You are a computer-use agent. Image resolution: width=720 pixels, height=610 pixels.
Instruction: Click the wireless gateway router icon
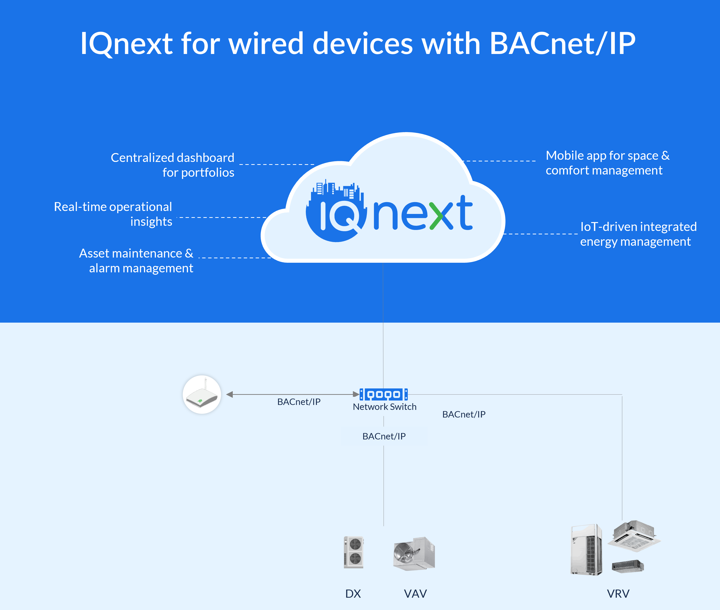pyautogui.click(x=202, y=395)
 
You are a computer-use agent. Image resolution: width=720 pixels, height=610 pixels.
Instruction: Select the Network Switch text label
pyautogui.click(x=384, y=407)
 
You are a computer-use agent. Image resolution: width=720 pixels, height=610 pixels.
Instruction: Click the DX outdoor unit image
pyautogui.click(x=354, y=552)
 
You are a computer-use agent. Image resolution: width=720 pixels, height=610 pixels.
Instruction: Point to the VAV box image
pyautogui.click(x=414, y=553)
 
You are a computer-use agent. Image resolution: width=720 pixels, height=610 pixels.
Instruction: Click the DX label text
pyautogui.click(x=353, y=594)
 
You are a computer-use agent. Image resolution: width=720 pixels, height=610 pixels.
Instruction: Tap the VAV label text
pyautogui.click(x=415, y=594)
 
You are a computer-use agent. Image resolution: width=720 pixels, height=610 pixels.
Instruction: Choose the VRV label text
pyautogui.click(x=618, y=594)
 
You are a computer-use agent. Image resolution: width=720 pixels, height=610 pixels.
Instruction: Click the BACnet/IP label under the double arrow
pyautogui.click(x=299, y=402)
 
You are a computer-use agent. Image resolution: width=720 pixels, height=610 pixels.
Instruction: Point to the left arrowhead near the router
pyautogui.click(x=229, y=394)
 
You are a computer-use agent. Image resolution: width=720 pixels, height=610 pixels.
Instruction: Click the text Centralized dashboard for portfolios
pyautogui.click(x=173, y=165)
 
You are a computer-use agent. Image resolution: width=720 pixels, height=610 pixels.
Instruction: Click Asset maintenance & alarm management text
pyautogui.click(x=136, y=261)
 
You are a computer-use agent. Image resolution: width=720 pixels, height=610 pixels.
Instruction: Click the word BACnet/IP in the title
pyautogui.click(x=563, y=44)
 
